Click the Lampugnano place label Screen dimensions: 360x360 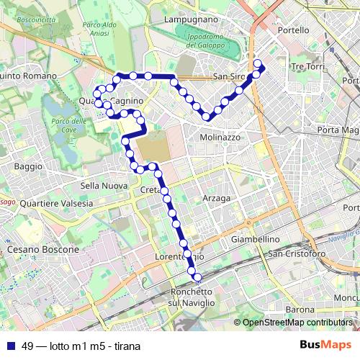[x=192, y=19]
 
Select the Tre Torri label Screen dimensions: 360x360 [x=307, y=66]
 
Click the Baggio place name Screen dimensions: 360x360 [x=28, y=166]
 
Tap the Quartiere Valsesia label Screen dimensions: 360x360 [x=57, y=203]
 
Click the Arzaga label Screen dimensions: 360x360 [x=217, y=198]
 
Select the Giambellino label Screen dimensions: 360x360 [x=256, y=239]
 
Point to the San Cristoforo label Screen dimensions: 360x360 [x=297, y=253]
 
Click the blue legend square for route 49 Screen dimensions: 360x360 [x=10, y=346]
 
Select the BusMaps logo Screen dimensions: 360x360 [x=325, y=345]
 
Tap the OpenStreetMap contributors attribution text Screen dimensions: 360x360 [x=297, y=323]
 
